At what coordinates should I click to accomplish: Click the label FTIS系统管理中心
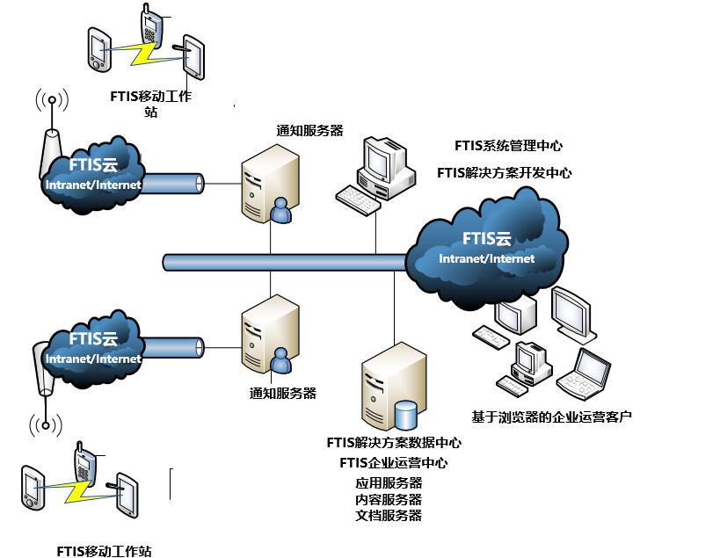[508, 146]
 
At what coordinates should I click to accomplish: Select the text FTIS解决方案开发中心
[505, 173]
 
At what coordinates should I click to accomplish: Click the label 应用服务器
[389, 483]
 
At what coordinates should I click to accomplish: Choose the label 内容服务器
[389, 499]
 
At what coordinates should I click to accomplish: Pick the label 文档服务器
[389, 515]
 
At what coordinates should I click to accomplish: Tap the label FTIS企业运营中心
[393, 463]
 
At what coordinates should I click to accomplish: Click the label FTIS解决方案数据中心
[394, 443]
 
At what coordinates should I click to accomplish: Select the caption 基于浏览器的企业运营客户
[552, 416]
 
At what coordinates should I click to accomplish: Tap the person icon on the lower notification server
[280, 360]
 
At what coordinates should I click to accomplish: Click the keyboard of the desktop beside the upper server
[359, 201]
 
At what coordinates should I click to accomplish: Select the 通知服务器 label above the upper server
[309, 131]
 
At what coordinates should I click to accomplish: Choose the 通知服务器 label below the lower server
[283, 393]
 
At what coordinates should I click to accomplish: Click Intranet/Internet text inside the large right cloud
[486, 258]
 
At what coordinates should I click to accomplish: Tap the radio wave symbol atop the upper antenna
[53, 100]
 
